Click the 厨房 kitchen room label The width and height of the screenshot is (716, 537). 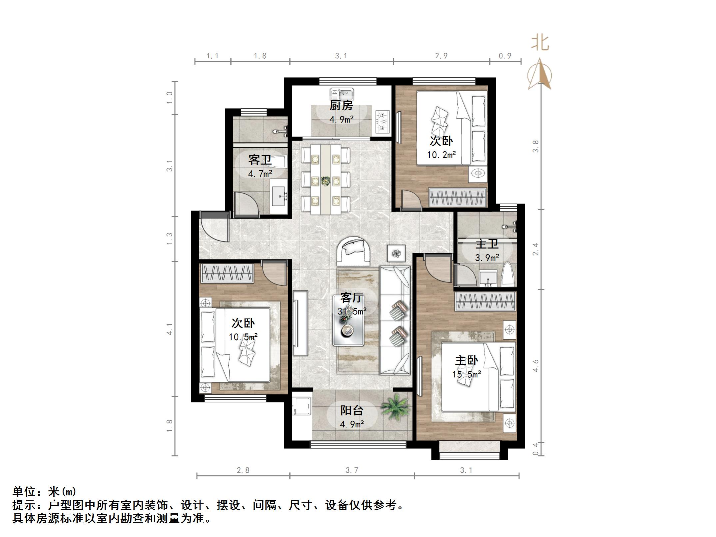tap(341, 106)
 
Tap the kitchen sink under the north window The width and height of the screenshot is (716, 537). tap(342, 94)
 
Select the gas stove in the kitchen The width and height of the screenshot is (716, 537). tap(383, 122)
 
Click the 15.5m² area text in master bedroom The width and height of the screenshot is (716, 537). tap(466, 374)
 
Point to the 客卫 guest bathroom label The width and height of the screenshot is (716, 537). tap(260, 160)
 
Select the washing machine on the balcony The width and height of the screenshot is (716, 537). tap(301, 406)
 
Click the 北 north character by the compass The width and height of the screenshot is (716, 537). tap(540, 43)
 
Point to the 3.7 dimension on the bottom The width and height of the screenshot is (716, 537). tap(352, 470)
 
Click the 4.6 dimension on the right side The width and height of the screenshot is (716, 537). tap(535, 365)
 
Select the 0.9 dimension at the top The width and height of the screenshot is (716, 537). tap(505, 56)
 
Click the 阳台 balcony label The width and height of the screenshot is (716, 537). tap(352, 410)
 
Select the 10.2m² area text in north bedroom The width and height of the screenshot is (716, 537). tap(441, 155)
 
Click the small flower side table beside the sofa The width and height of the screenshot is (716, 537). tap(396, 254)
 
